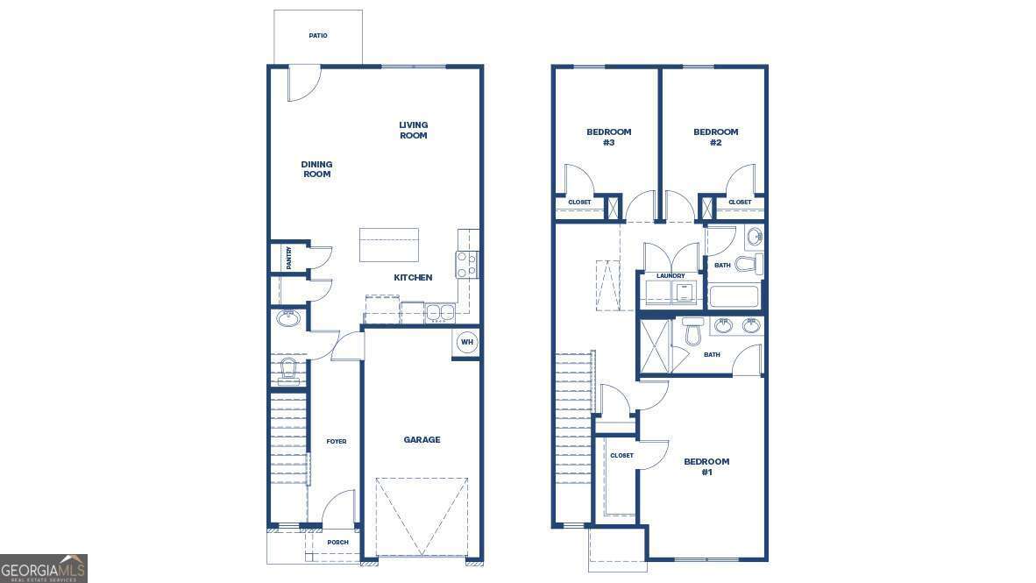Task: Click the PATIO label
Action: point(318,36)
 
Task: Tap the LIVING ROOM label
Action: point(414,131)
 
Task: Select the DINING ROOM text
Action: point(316,169)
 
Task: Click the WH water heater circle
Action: point(466,342)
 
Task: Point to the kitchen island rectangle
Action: point(389,245)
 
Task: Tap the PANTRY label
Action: point(288,257)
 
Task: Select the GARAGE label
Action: point(422,440)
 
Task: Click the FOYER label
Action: point(337,441)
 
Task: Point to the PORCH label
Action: point(337,543)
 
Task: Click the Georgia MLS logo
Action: point(44,568)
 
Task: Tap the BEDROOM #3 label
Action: point(608,137)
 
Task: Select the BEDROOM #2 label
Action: point(716,137)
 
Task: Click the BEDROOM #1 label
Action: point(706,466)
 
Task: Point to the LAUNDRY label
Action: point(671,276)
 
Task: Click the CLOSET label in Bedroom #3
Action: point(579,203)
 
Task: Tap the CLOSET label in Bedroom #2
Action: point(740,203)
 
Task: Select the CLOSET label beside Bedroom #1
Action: point(621,456)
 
